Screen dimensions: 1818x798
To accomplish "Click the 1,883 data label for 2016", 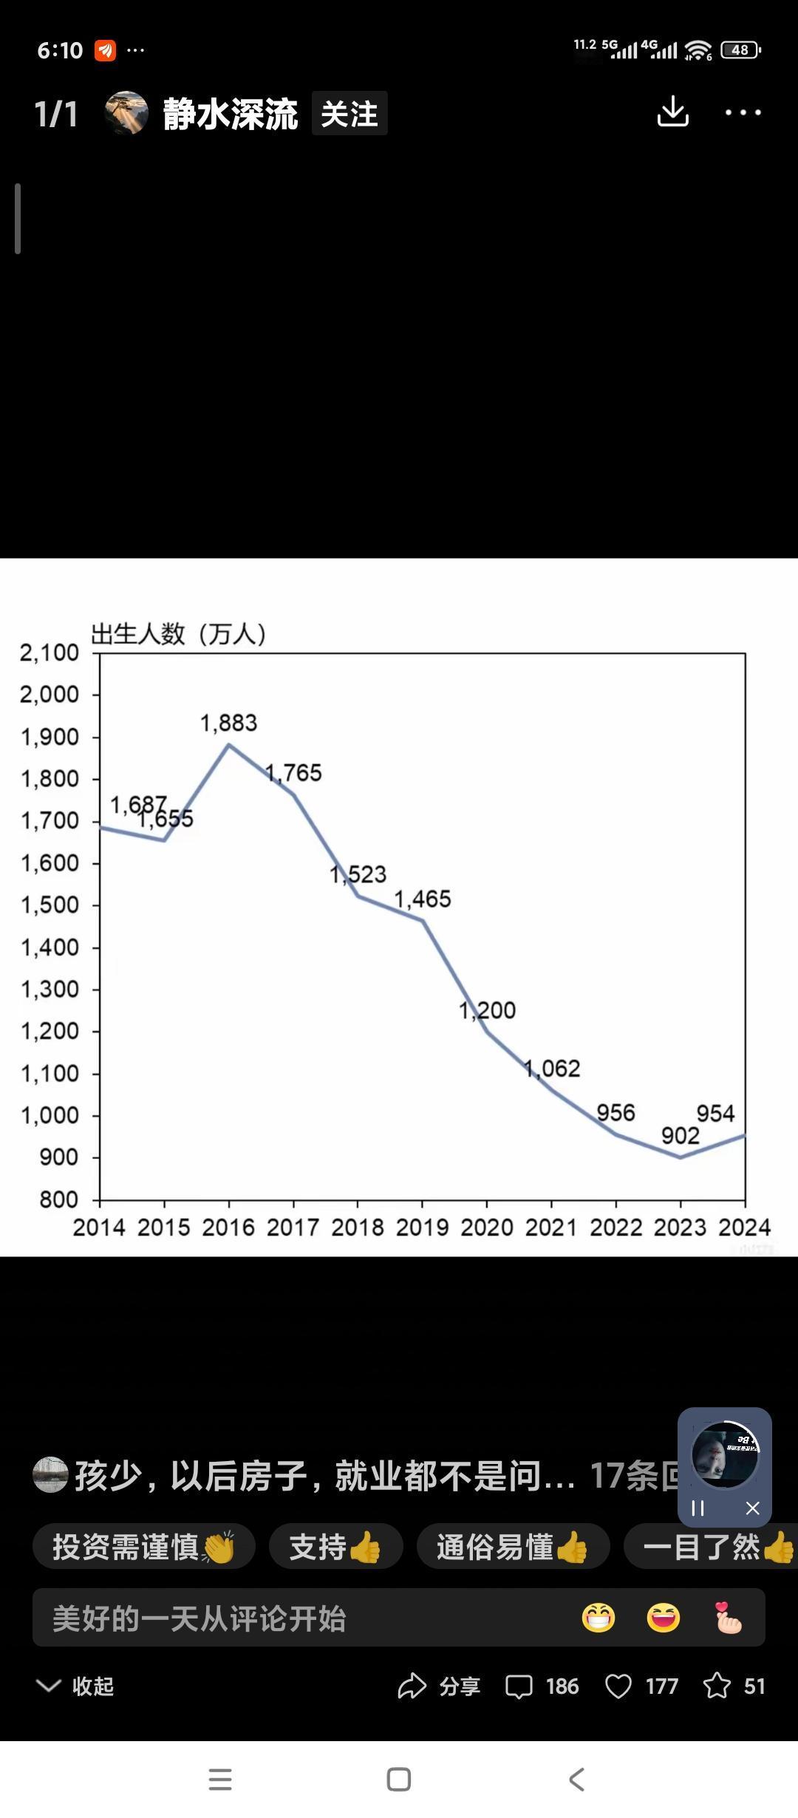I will [x=228, y=723].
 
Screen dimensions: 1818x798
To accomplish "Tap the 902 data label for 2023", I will [x=680, y=1136].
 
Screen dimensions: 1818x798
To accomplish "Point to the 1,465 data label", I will [x=422, y=899].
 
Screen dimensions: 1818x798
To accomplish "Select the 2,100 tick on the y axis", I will [x=49, y=653].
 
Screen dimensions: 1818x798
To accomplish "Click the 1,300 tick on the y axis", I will [x=49, y=989].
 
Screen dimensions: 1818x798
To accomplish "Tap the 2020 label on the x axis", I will [x=486, y=1228].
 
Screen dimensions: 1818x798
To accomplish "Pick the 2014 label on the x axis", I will [x=99, y=1228].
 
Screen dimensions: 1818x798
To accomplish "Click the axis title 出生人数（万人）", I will [x=178, y=634].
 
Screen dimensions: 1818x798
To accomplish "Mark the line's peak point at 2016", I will [x=228, y=745].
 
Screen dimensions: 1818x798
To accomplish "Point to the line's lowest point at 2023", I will [x=680, y=1157].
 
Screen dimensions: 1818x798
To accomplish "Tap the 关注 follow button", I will [x=349, y=114].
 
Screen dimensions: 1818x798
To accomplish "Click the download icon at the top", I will [x=672, y=112].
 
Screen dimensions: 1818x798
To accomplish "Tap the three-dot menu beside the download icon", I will [x=743, y=112].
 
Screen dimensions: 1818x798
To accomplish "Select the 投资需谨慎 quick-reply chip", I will [x=143, y=1547].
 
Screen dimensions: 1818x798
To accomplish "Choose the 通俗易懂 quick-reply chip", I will [x=512, y=1547].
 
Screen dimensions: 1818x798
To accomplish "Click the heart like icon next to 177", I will [x=618, y=1686].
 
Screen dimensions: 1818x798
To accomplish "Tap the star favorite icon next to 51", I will [x=716, y=1686].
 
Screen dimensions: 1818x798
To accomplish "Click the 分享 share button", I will [x=439, y=1686].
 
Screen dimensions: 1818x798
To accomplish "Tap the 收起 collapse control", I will [x=75, y=1686].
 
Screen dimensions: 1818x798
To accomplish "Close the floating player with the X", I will [x=752, y=1508].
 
